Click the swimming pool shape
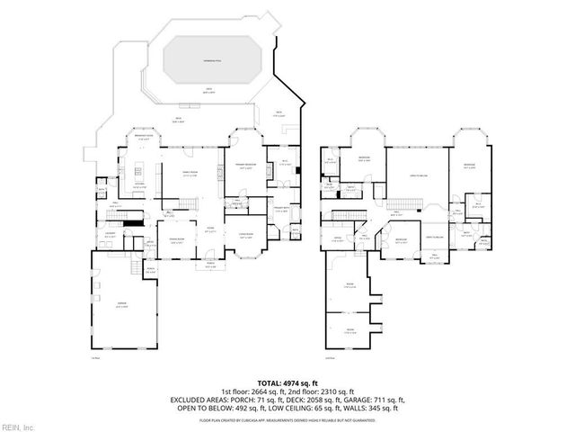click(x=212, y=62)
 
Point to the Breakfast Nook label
click(x=143, y=138)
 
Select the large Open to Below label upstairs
click(x=418, y=175)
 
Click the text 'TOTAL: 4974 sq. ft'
click(x=287, y=382)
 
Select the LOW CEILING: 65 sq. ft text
click(x=303, y=407)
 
